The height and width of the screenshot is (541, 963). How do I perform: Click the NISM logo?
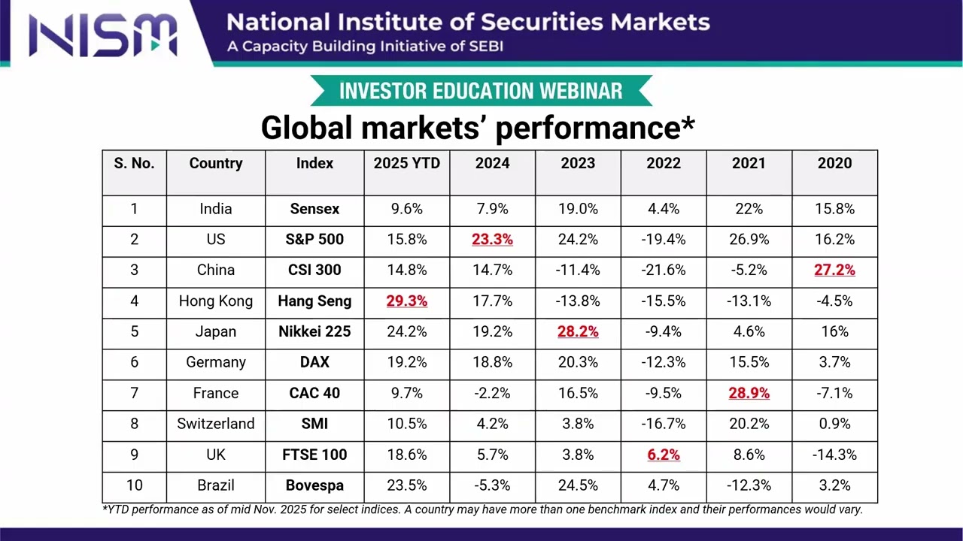click(103, 34)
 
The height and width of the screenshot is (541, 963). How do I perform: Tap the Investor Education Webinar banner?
click(481, 91)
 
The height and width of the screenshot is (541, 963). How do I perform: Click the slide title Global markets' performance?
click(477, 128)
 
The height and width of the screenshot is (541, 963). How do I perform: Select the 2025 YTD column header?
click(406, 164)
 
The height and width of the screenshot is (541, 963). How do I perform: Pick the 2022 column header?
click(663, 164)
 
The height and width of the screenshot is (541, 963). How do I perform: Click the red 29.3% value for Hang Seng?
click(406, 301)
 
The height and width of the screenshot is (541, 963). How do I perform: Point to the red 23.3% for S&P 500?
click(492, 240)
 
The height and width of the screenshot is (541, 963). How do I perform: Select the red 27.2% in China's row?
click(834, 270)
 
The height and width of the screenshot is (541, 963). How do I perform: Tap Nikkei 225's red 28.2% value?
click(578, 331)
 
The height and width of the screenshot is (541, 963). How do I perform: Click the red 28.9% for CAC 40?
click(749, 393)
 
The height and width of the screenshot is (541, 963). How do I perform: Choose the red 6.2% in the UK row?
click(663, 455)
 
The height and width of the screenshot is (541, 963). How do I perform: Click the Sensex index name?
click(314, 209)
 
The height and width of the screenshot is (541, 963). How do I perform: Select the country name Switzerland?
click(216, 424)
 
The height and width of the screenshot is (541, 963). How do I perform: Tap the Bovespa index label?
click(314, 485)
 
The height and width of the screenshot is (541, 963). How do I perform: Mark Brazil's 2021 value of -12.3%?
click(749, 485)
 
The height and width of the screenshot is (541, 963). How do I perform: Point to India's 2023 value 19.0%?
click(578, 209)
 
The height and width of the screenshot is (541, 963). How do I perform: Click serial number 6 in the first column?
click(134, 362)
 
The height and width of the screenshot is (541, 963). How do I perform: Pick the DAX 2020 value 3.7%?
click(834, 362)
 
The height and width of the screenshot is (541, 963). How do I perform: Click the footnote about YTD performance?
click(481, 509)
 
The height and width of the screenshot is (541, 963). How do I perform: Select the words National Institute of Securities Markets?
click(468, 22)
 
